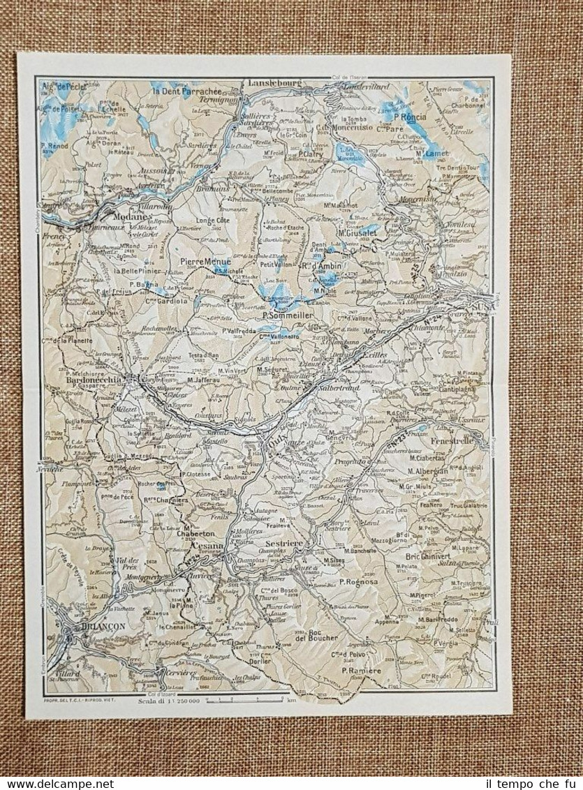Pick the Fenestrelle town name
[x=455, y=441]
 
